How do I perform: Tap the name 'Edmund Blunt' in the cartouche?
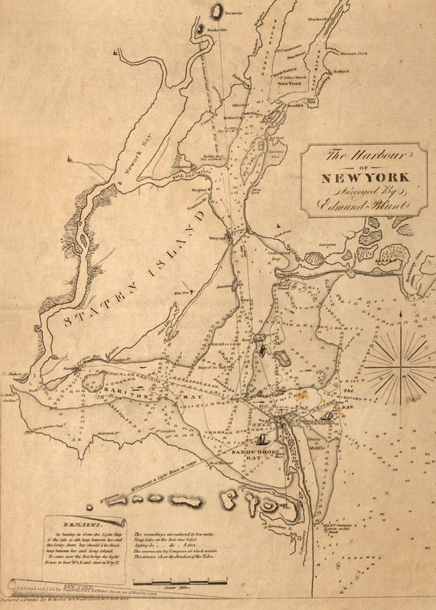363,204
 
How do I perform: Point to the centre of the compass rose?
399,366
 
